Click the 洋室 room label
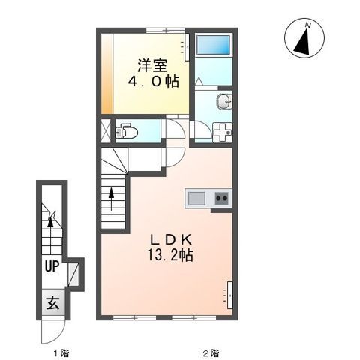click(x=152, y=66)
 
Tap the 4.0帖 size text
click(x=154, y=81)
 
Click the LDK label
click(x=171, y=240)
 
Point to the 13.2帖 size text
click(x=171, y=255)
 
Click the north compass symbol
click(x=304, y=38)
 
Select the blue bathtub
click(x=213, y=45)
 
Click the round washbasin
click(x=224, y=102)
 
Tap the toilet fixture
click(x=127, y=131)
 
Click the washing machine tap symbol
click(x=223, y=132)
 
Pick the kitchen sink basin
click(x=196, y=198)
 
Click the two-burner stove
click(x=222, y=198)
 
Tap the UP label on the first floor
click(x=52, y=266)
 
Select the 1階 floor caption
click(x=61, y=353)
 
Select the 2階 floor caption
click(x=211, y=353)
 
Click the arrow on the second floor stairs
click(x=112, y=199)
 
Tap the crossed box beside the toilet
click(x=106, y=131)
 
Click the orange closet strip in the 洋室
click(x=107, y=73)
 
